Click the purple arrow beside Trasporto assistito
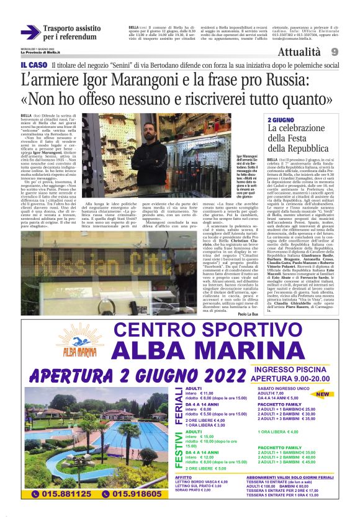click(x=30, y=32)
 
